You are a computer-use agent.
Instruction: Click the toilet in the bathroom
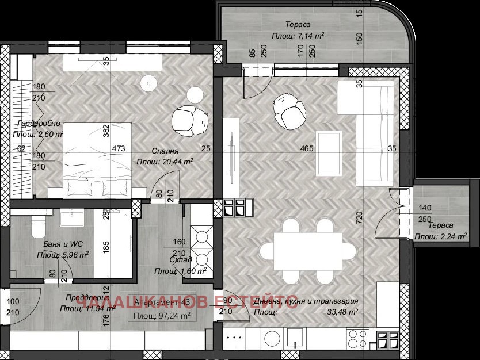click(x=37, y=226)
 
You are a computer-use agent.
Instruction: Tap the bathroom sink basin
click(x=72, y=216)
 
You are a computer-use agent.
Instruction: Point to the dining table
click(x=308, y=250)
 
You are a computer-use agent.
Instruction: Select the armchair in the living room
click(x=289, y=110)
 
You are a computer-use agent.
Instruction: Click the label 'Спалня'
click(x=163, y=151)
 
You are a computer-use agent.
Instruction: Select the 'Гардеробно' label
click(x=36, y=124)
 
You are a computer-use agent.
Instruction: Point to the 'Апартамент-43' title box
click(x=162, y=309)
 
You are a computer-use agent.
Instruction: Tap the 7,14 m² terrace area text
click(x=298, y=35)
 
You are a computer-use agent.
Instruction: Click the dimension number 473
click(x=119, y=148)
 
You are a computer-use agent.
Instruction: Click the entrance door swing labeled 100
click(x=23, y=299)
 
